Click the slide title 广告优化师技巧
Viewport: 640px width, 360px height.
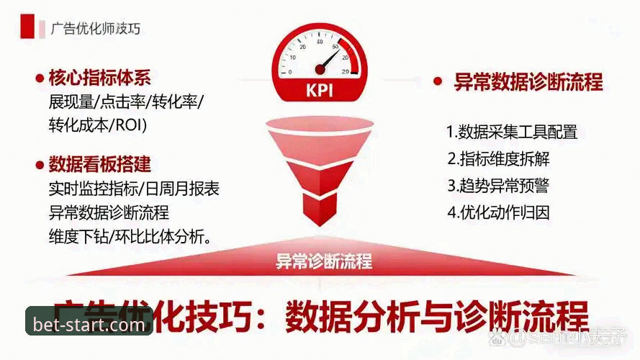click(x=96, y=29)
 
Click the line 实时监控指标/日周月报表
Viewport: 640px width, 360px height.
click(x=134, y=189)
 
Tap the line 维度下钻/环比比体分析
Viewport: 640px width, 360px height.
click(x=130, y=235)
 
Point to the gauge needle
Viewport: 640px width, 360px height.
click(x=328, y=59)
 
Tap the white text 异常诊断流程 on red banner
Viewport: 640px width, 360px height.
click(x=324, y=261)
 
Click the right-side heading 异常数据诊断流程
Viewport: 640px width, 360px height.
click(x=528, y=81)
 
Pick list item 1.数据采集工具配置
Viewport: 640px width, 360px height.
click(x=511, y=132)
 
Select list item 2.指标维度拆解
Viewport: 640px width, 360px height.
click(x=498, y=158)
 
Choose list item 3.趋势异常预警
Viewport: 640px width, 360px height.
click(x=497, y=185)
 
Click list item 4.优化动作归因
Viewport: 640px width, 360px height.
click(x=497, y=212)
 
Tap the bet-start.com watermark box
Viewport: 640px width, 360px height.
click(x=89, y=325)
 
